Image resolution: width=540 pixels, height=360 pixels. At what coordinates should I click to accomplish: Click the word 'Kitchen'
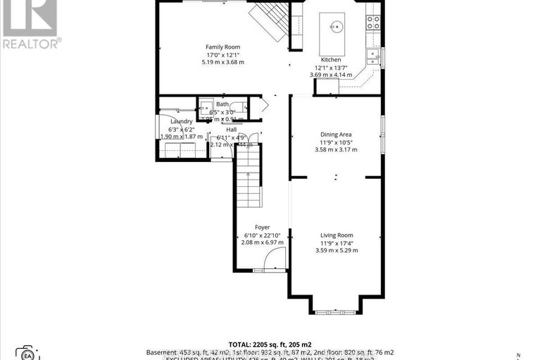(330, 60)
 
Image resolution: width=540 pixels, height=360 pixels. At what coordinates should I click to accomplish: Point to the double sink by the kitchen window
(371, 56)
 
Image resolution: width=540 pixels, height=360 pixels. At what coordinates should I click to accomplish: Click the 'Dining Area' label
(336, 134)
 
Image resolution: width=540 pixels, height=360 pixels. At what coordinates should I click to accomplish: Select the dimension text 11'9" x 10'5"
(336, 142)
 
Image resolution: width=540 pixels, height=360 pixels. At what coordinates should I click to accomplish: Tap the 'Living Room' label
(337, 235)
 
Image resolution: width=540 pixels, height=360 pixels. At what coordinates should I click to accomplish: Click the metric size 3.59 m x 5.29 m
(337, 251)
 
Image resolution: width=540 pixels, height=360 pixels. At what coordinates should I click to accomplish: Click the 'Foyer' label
(263, 227)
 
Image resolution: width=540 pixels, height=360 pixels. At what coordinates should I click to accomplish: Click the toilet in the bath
(239, 108)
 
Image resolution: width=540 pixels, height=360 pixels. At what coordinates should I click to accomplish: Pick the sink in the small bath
(206, 108)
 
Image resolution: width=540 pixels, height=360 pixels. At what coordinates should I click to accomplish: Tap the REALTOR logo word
(31, 43)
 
